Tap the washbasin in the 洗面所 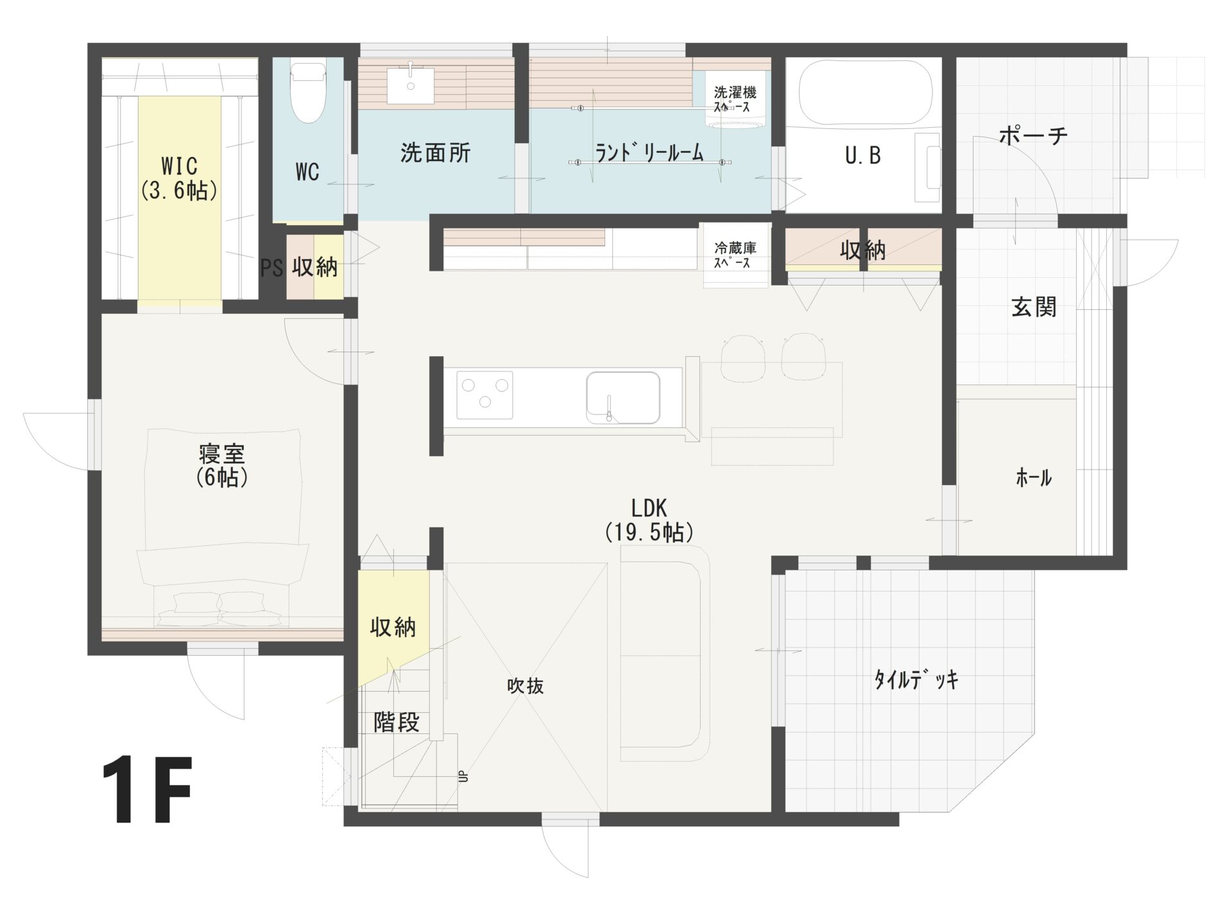pos(411,86)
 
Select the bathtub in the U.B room pos(864,94)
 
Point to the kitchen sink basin pos(623,398)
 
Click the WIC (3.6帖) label pos(179,178)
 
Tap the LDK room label pos(649,520)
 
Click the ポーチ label pos(1033,135)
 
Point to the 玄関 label pos(1034,307)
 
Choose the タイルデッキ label pos(916,679)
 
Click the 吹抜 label pos(526,686)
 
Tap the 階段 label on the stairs pos(397,722)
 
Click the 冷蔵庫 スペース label pos(735,255)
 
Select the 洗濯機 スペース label pos(735,99)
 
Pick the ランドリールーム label pos(649,153)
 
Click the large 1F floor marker pos(147,790)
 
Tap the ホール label pos(1034,477)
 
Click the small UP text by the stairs pos(463,776)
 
